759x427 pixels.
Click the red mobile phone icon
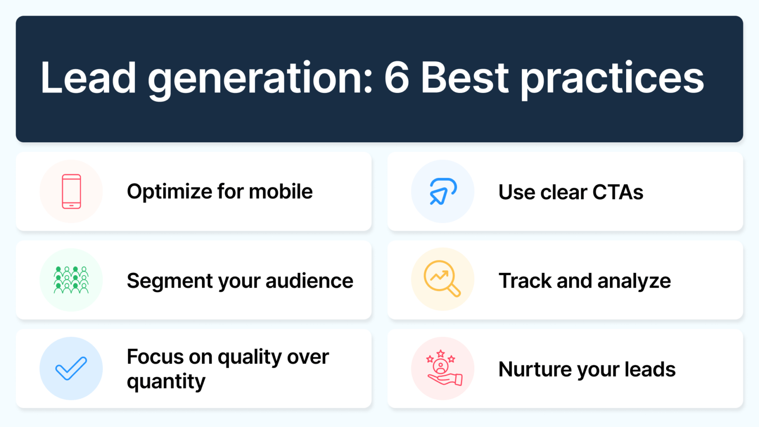point(71,192)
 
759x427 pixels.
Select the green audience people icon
point(71,280)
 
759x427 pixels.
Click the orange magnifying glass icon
point(442,278)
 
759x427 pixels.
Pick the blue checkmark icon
point(71,368)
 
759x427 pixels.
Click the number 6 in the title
point(397,78)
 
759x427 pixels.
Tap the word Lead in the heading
point(88,78)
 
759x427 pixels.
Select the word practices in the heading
point(612,80)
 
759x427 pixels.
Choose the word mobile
point(280,191)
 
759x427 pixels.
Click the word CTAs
point(618,192)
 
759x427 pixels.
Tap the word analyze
point(634,281)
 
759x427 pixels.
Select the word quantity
point(166,382)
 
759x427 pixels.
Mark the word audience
point(309,280)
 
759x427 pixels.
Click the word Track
point(525,280)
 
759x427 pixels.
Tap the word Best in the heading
point(464,78)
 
